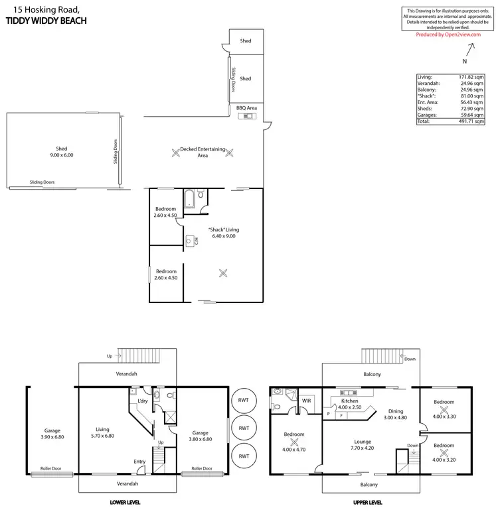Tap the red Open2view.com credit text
point(448,34)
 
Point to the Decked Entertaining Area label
point(203,153)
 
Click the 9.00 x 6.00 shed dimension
point(62,155)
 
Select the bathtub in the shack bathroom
point(189,198)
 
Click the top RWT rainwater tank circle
point(244,401)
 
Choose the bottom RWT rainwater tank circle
point(244,456)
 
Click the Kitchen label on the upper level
point(350,402)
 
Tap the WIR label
point(307,401)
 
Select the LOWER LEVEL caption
point(125,503)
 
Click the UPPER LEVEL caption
point(367,503)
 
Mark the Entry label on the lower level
point(139,462)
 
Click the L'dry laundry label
point(141,401)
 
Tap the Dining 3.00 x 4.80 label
point(396,415)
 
